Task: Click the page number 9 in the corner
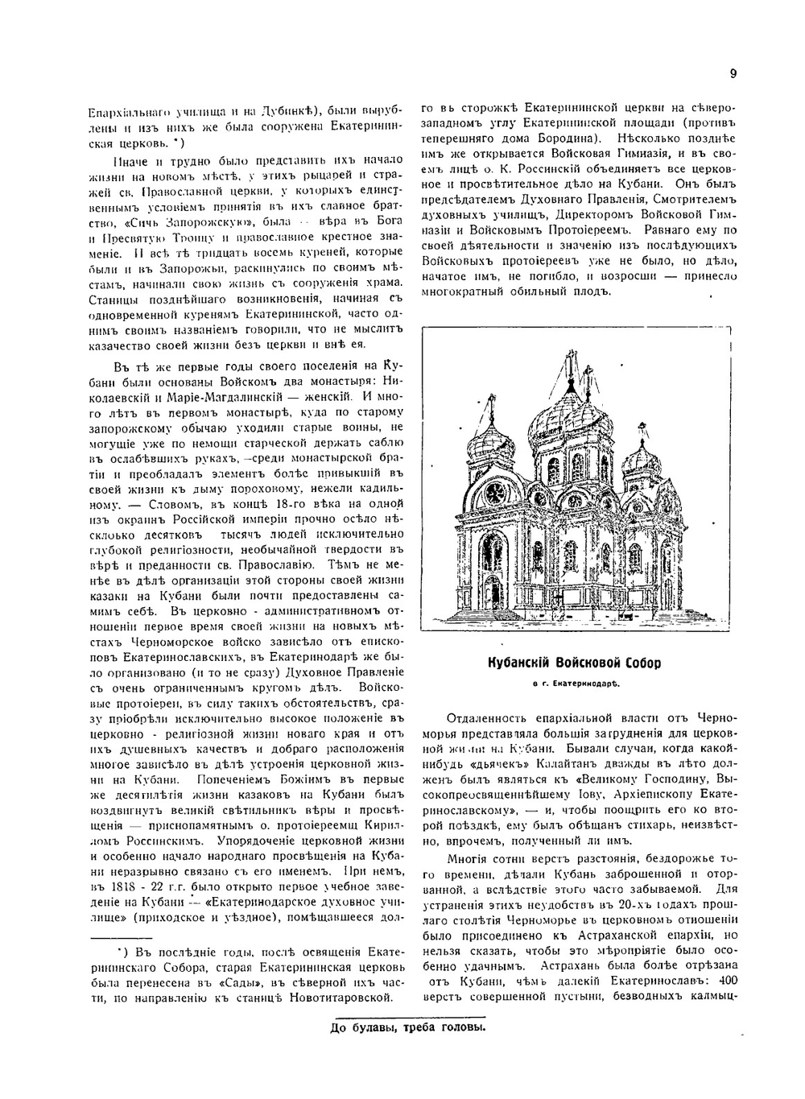click(733, 74)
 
